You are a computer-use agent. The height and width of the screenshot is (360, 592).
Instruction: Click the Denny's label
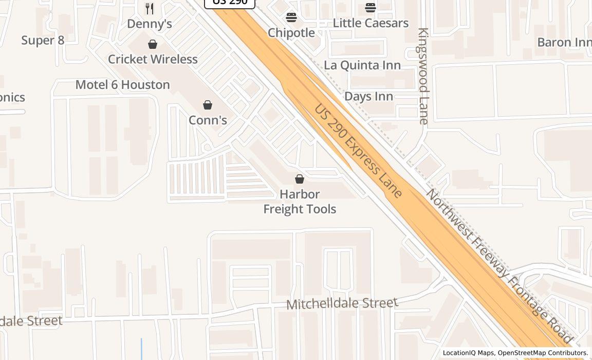click(149, 24)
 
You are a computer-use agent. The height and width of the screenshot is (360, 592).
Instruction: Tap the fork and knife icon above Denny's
click(150, 9)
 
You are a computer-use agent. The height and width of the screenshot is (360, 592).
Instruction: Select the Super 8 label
click(43, 40)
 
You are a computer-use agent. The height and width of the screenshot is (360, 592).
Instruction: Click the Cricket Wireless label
click(153, 59)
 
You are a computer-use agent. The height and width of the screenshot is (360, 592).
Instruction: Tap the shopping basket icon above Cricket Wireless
click(153, 45)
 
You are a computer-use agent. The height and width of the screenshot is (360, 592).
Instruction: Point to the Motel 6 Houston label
click(122, 85)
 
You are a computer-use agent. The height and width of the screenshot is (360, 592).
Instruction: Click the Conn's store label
click(208, 120)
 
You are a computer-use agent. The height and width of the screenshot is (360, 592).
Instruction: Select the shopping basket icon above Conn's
click(208, 105)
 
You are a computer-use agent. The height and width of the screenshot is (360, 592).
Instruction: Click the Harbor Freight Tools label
click(300, 202)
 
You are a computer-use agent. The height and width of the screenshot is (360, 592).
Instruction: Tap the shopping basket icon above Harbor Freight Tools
click(300, 179)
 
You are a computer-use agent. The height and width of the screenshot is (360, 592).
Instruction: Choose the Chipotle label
click(291, 32)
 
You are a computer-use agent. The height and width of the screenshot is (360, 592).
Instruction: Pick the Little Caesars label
click(371, 23)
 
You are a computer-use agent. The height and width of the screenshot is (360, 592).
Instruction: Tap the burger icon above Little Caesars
click(371, 8)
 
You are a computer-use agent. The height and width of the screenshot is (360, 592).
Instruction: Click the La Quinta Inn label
click(362, 65)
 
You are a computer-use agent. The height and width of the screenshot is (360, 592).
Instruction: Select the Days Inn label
click(368, 96)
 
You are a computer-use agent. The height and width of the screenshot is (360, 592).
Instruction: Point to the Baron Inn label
click(564, 42)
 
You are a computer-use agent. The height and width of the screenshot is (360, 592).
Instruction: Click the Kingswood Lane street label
click(423, 76)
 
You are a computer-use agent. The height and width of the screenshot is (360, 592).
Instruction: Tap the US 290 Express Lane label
click(358, 151)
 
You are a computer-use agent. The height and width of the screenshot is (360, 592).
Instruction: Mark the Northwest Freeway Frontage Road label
click(498, 266)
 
